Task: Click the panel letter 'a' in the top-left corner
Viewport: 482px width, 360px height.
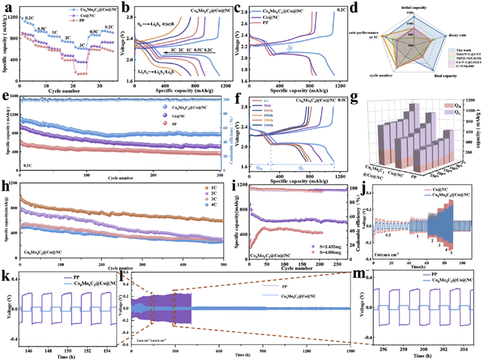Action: pos(6,6)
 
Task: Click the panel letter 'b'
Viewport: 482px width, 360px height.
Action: pos(125,6)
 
